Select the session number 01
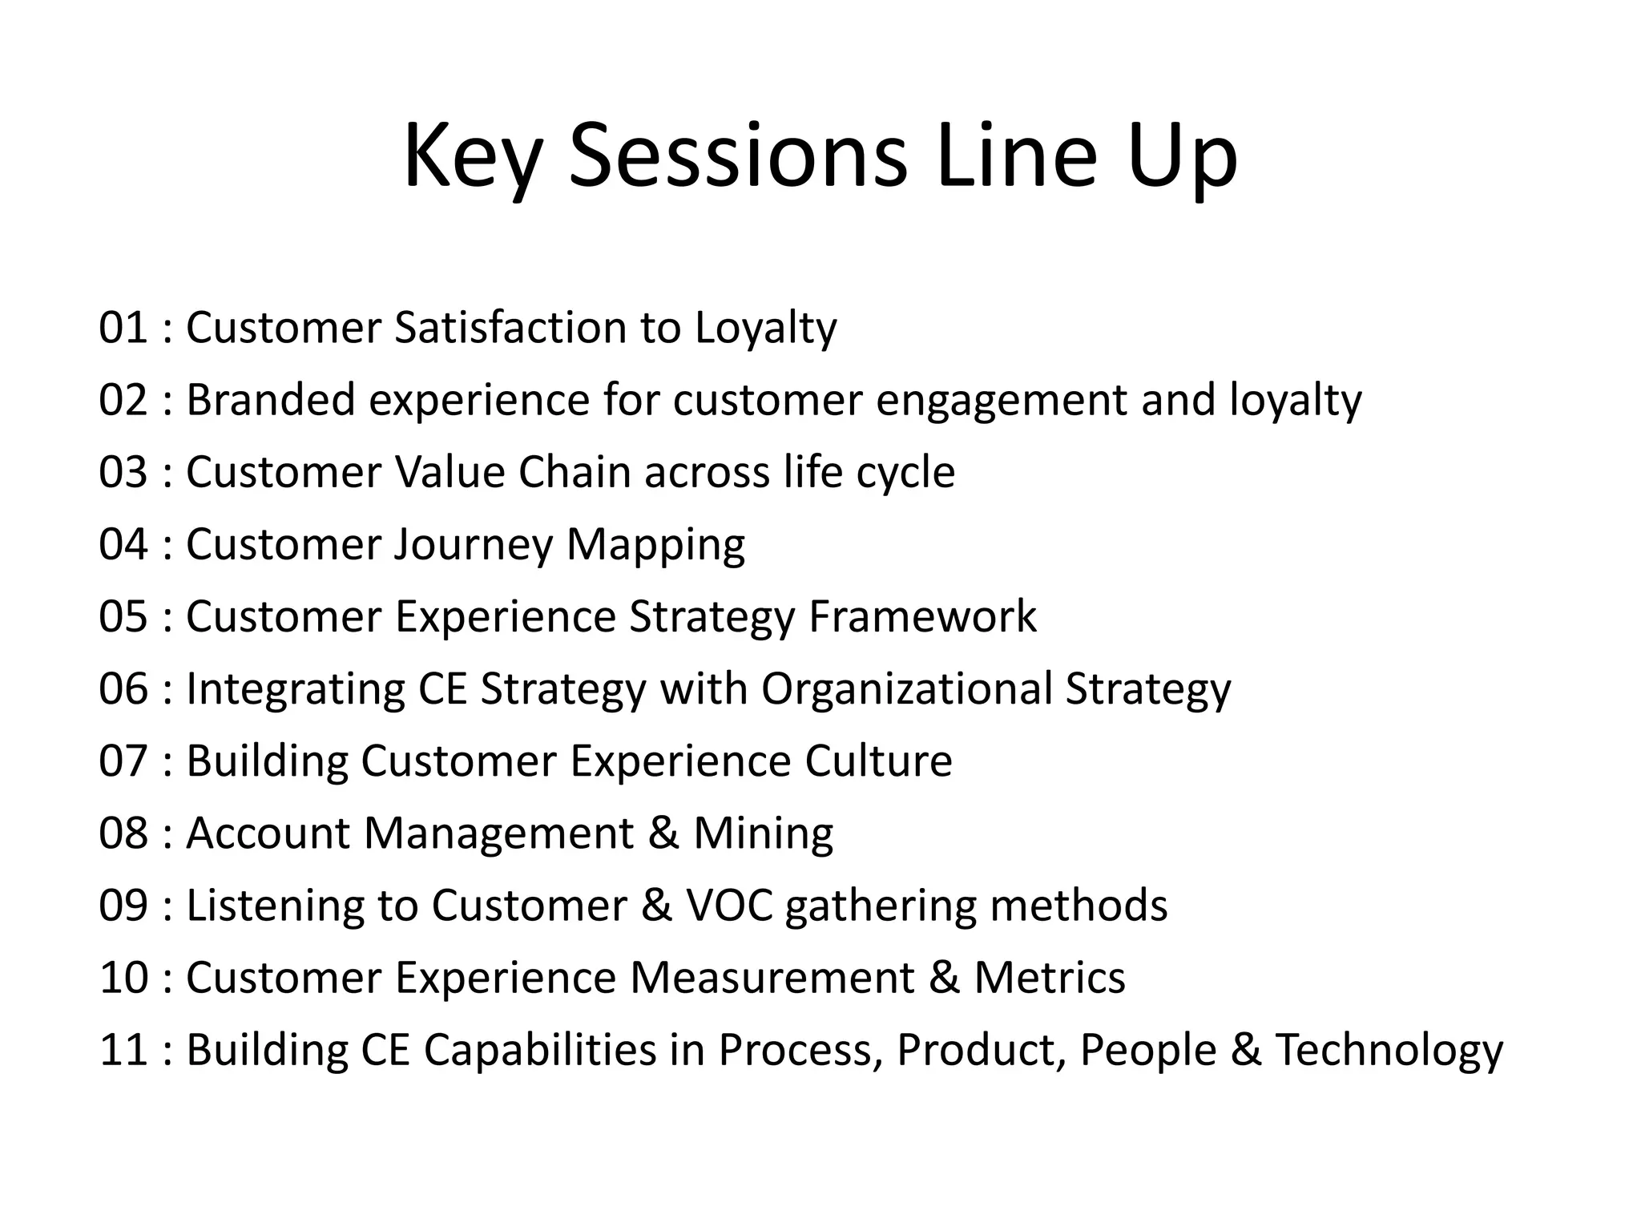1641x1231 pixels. point(123,328)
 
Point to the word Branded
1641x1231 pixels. point(270,400)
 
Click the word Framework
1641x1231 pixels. point(922,616)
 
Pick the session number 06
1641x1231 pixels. point(123,688)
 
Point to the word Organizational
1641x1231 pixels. point(906,688)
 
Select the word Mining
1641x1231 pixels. point(763,833)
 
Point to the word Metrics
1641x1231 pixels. point(1050,977)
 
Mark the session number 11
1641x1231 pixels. point(123,1049)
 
